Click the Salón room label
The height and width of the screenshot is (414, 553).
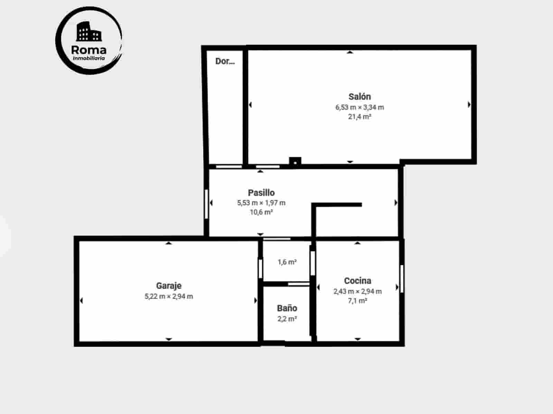[x=359, y=97]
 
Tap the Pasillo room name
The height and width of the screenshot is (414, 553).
[x=261, y=193]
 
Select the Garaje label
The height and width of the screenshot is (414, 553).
[x=169, y=286]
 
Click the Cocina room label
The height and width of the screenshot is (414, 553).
[x=357, y=281]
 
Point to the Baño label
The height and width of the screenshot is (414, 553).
[x=287, y=308]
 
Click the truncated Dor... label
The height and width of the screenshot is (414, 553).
[x=225, y=61]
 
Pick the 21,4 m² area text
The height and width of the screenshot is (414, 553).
[x=359, y=117]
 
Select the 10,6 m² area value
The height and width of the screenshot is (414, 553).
[x=261, y=212]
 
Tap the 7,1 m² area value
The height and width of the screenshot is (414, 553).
[x=357, y=301]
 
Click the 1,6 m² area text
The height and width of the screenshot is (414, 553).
[x=287, y=262]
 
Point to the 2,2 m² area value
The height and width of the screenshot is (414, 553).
[x=287, y=319]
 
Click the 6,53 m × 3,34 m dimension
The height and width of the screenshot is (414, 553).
[x=359, y=107]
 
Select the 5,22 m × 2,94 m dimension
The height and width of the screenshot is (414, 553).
[x=169, y=296]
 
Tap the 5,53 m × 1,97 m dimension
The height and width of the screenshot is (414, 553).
[x=261, y=203]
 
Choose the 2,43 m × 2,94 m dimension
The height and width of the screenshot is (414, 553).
[x=357, y=291]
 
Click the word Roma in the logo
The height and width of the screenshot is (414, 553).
[x=88, y=50]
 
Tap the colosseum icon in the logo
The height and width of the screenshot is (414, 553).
[x=88, y=31]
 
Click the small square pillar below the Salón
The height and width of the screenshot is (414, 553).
[x=295, y=161]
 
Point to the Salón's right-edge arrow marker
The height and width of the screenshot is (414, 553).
[x=469, y=104]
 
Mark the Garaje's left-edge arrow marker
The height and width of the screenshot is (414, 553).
[x=81, y=300]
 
